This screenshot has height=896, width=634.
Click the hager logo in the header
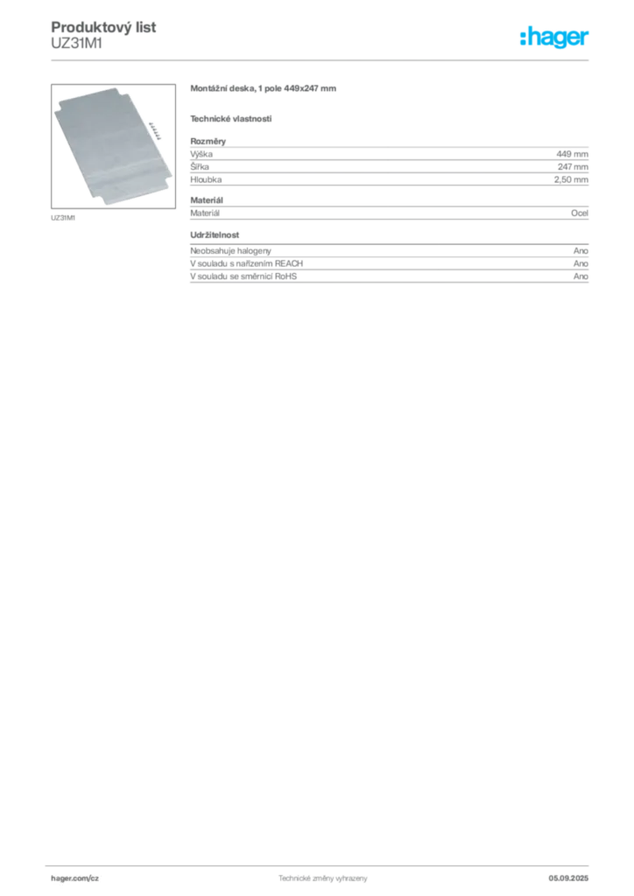click(554, 37)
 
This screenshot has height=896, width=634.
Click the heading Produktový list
click(103, 27)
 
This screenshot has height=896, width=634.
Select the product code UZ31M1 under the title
click(76, 44)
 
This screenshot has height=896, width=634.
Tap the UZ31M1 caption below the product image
click(63, 218)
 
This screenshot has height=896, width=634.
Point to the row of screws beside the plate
click(155, 129)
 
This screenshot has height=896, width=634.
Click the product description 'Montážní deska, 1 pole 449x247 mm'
click(263, 88)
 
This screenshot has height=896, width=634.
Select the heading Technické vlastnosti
click(231, 119)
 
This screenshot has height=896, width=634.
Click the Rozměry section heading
click(208, 141)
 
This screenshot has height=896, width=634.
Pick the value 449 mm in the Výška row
click(572, 154)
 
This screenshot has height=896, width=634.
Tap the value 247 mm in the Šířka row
click(573, 167)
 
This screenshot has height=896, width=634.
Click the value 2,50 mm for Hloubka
click(571, 179)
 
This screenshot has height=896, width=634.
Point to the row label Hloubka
click(206, 179)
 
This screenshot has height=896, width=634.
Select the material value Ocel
click(580, 213)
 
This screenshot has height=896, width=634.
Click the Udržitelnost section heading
click(215, 234)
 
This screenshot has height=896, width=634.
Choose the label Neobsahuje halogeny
click(230, 251)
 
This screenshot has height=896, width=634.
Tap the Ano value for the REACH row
click(581, 263)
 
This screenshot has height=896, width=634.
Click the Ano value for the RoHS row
click(581, 276)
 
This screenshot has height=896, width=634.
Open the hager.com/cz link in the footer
click(75, 878)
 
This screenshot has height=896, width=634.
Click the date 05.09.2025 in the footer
click(568, 878)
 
